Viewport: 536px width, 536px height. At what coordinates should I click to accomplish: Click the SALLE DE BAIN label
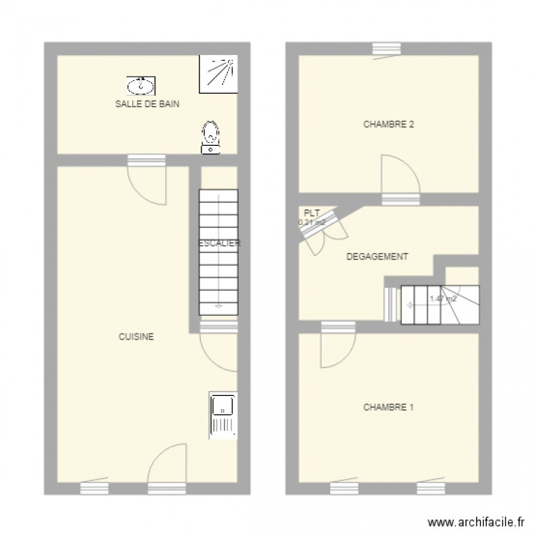[147, 104]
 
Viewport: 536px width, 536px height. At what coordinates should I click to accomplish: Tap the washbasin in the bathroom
[141, 86]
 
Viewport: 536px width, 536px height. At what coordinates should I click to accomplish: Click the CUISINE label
[137, 337]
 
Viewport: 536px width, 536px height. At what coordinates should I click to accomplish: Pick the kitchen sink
[223, 414]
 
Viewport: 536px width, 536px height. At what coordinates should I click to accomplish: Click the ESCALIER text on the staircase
[219, 243]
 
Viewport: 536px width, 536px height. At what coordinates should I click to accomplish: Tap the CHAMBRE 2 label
[389, 124]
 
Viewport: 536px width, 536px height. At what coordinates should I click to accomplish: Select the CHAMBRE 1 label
[389, 407]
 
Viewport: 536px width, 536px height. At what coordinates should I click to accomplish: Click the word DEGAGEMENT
[377, 257]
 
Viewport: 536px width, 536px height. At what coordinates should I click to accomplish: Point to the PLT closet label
[311, 213]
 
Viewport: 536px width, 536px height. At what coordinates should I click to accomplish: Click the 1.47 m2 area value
[443, 299]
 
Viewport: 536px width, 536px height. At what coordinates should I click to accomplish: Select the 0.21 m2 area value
[312, 222]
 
